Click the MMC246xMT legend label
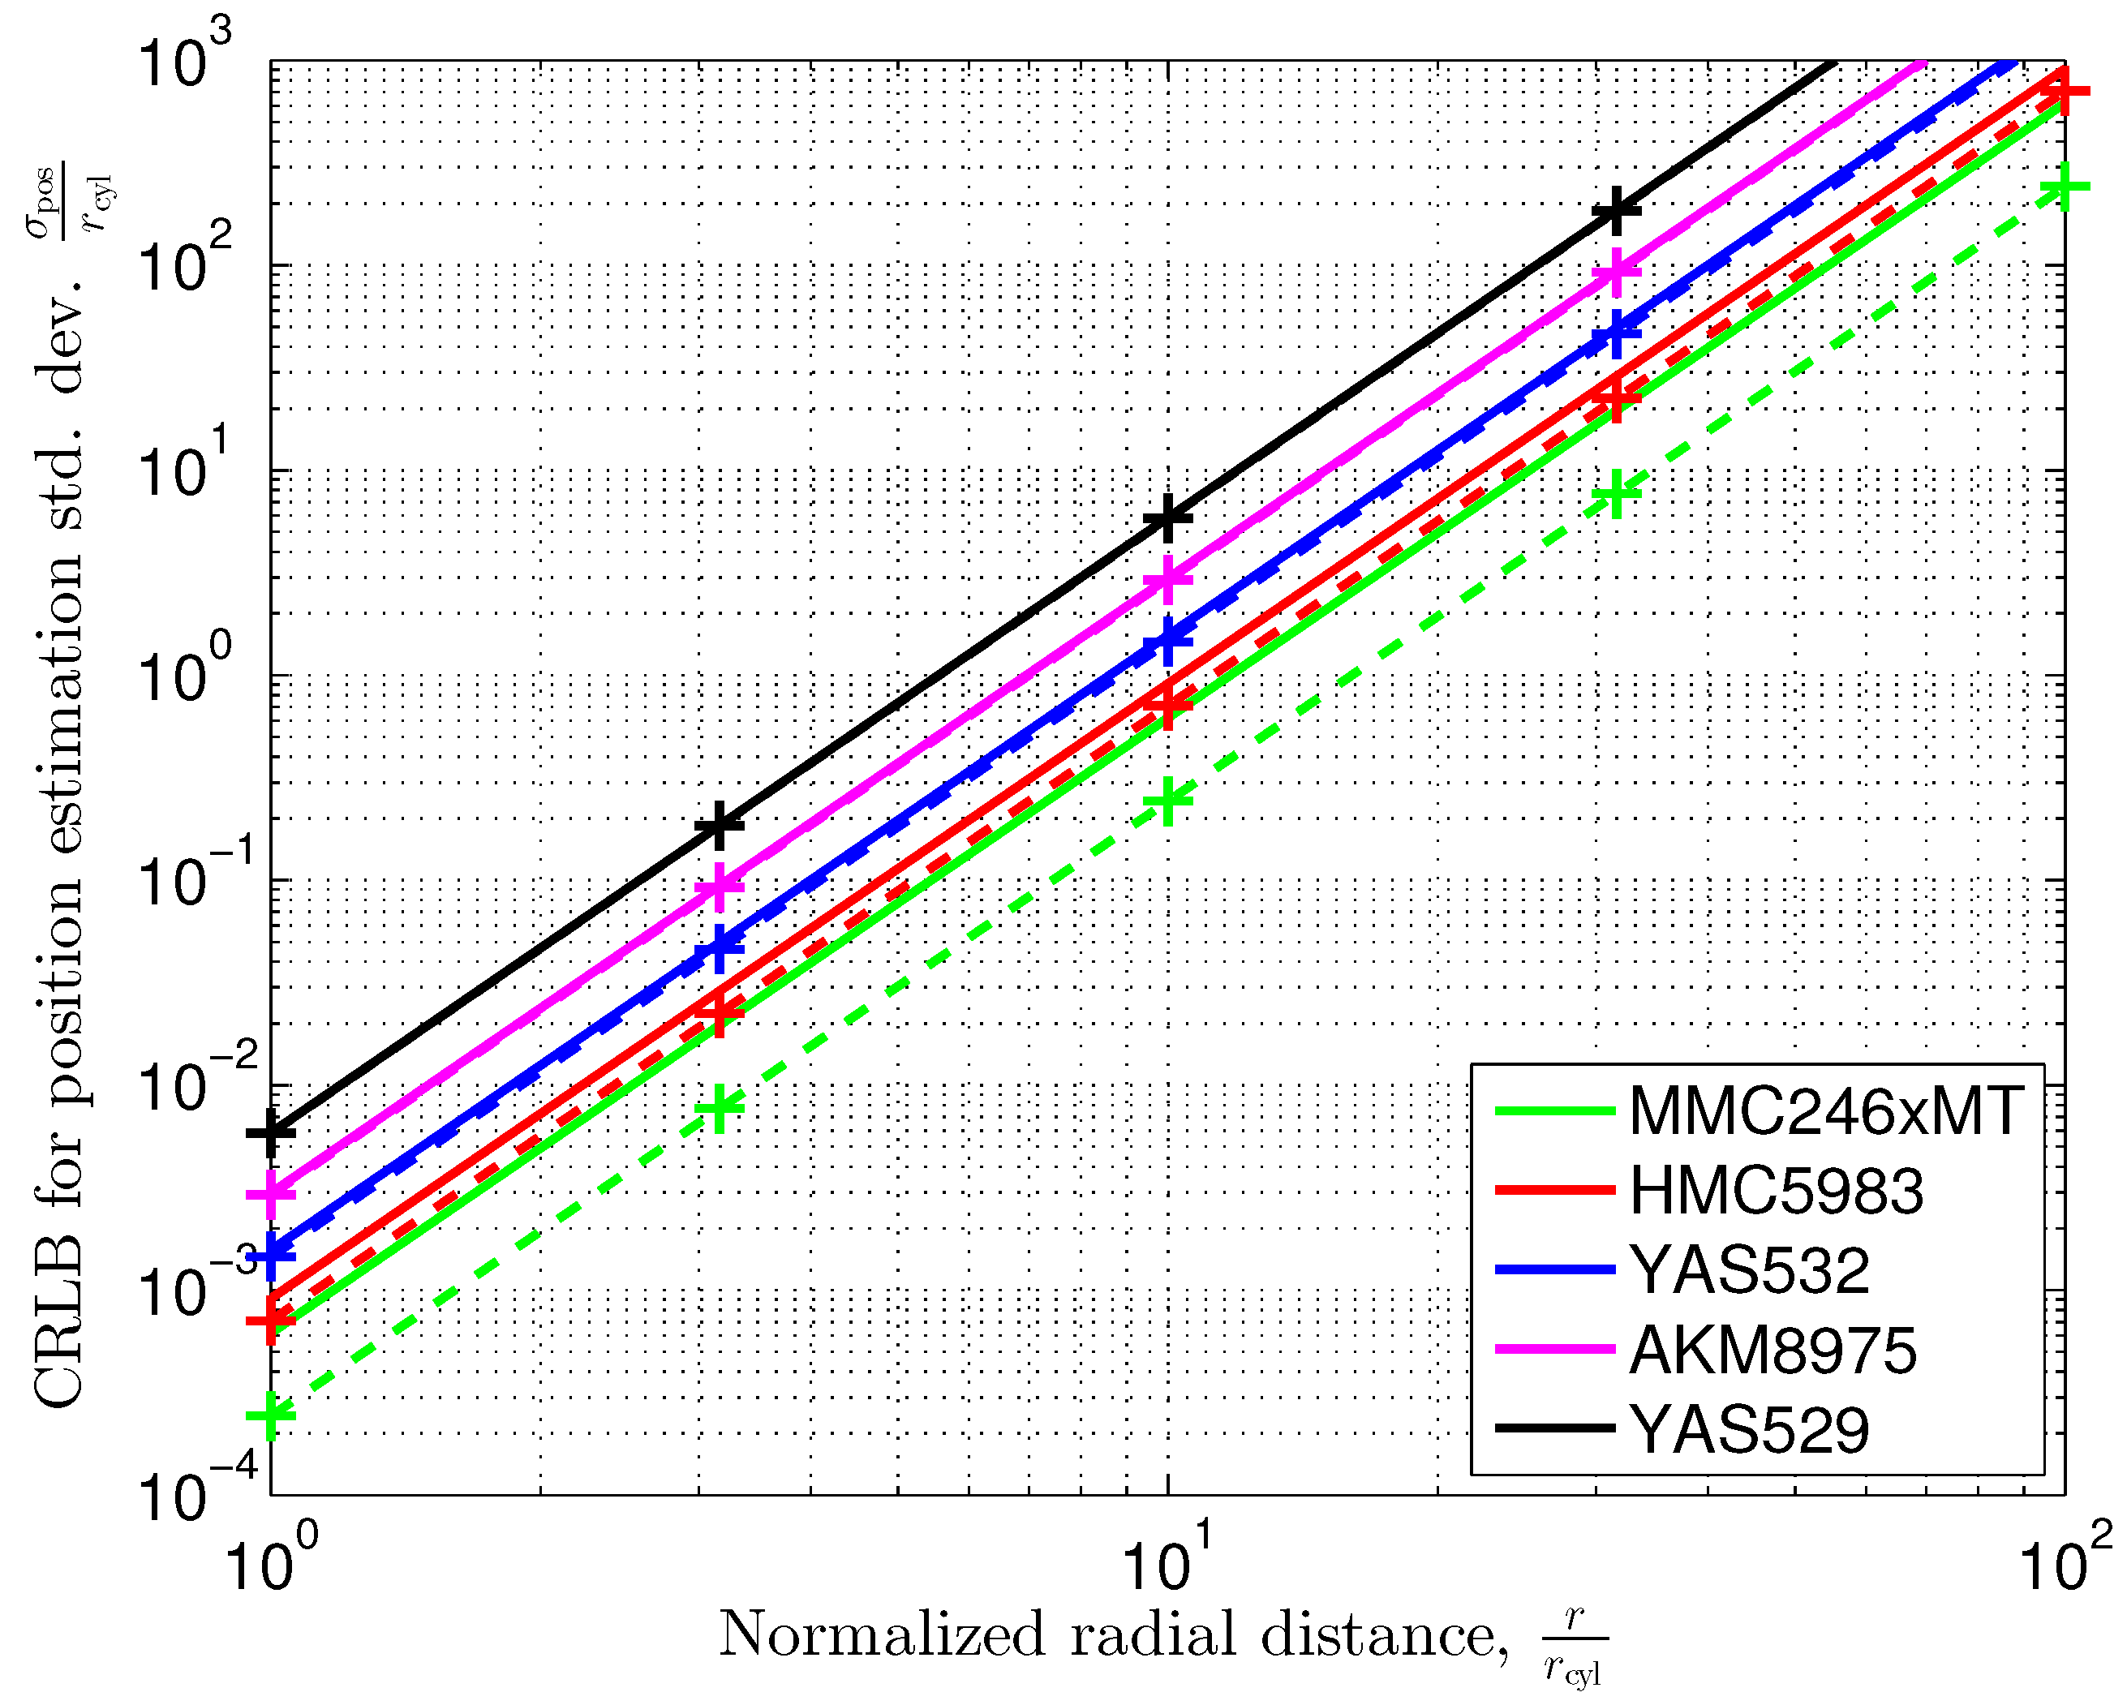1826,1112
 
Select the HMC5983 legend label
1776,1191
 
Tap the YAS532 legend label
1749,1270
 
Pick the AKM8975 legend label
1772,1350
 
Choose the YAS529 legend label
1749,1430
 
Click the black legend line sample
1555,1428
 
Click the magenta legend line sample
1555,1349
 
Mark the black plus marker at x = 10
1168,519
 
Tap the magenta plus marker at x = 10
1168,580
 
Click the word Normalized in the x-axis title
881,1635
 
